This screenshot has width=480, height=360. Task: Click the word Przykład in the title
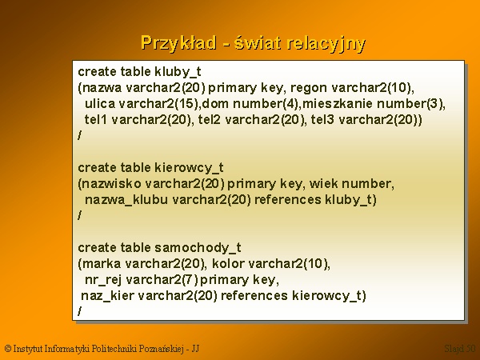[178, 43]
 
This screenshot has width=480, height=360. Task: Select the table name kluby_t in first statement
[178, 72]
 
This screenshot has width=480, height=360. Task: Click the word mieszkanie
[338, 103]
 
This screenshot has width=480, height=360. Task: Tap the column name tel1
[96, 119]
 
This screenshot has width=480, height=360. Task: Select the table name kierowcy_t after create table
[189, 168]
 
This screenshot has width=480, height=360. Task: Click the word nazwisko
[112, 184]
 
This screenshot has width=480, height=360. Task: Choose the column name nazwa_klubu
[126, 200]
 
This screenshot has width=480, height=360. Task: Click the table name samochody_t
[198, 248]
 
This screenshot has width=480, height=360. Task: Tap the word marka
[102, 263]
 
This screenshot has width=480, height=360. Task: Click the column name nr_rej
[103, 280]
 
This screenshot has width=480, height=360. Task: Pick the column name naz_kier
[107, 296]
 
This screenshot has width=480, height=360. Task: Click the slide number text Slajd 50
[460, 349]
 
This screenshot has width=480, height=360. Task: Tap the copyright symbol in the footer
[8, 349]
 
